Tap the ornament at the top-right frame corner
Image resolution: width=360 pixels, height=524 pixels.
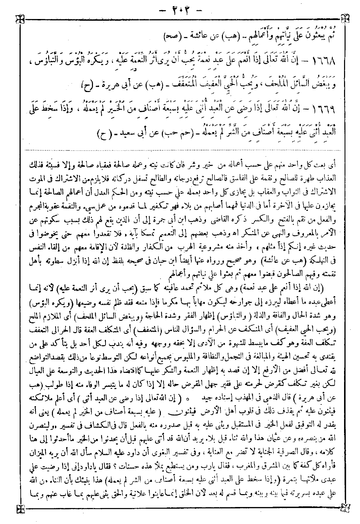pyautogui.click(x=345, y=17)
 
